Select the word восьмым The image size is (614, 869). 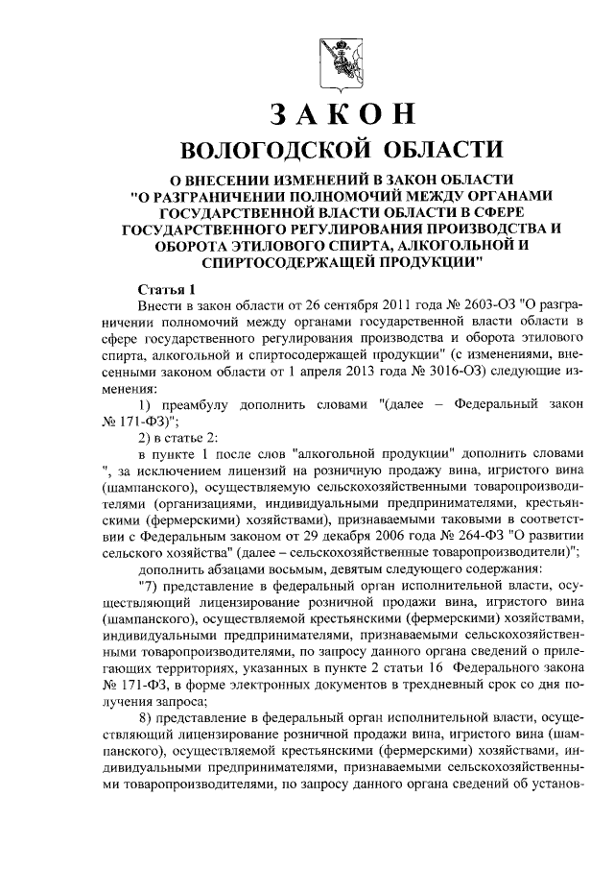(297, 569)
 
